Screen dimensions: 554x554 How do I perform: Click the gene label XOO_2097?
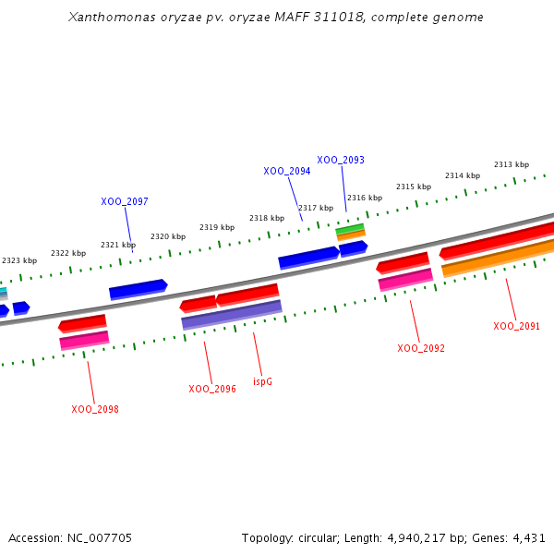(x=125, y=201)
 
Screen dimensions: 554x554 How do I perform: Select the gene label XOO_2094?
(x=286, y=171)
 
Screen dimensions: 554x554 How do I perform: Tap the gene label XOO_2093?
(x=341, y=160)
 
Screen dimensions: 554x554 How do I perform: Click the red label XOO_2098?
(x=95, y=409)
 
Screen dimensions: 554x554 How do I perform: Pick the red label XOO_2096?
(x=212, y=389)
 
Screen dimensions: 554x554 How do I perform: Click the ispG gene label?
(x=263, y=380)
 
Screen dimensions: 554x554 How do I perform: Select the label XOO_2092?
(x=421, y=348)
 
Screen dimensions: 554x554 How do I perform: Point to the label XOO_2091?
(x=517, y=326)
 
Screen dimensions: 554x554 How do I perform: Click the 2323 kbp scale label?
(x=19, y=260)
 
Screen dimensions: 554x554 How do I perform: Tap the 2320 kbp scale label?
(x=168, y=236)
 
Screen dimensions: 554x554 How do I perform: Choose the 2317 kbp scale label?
(x=316, y=208)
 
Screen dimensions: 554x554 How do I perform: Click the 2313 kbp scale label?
(x=512, y=164)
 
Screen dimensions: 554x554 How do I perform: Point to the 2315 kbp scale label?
(x=414, y=187)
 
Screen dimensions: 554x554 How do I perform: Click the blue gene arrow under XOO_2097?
(x=138, y=290)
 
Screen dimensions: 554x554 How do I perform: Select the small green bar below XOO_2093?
(x=350, y=228)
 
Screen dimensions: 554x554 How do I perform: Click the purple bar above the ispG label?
(x=232, y=315)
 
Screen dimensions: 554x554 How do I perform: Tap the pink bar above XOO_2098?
(x=84, y=341)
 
